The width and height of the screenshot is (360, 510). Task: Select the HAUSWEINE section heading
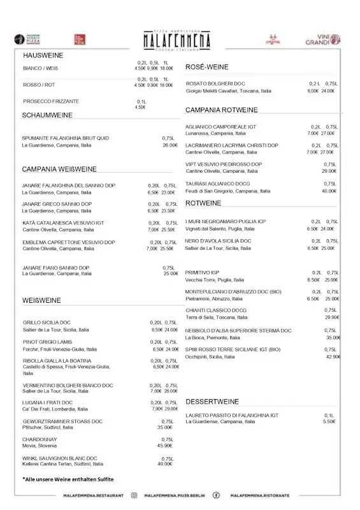click(43, 55)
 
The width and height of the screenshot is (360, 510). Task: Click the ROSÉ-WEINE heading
click(206, 67)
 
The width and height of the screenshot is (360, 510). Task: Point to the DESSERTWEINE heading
click(212, 402)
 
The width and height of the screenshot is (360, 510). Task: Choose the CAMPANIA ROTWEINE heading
click(221, 110)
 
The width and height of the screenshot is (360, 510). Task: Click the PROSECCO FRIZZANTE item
click(51, 101)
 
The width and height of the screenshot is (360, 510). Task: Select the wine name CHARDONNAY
click(40, 439)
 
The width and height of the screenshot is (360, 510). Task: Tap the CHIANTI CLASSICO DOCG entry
click(216, 310)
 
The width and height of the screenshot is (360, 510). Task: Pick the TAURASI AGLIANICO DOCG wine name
click(218, 184)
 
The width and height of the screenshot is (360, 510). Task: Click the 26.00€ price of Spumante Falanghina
click(169, 145)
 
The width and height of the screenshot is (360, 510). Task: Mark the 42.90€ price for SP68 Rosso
click(333, 357)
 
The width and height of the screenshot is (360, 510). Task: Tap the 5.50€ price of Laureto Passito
click(329, 421)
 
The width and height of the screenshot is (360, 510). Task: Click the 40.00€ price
click(329, 191)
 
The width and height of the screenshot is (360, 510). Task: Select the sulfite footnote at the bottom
click(68, 479)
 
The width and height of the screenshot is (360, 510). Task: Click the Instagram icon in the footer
click(134, 495)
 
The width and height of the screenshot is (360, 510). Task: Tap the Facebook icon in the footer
click(216, 495)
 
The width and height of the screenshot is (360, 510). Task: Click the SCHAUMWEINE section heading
click(47, 115)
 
